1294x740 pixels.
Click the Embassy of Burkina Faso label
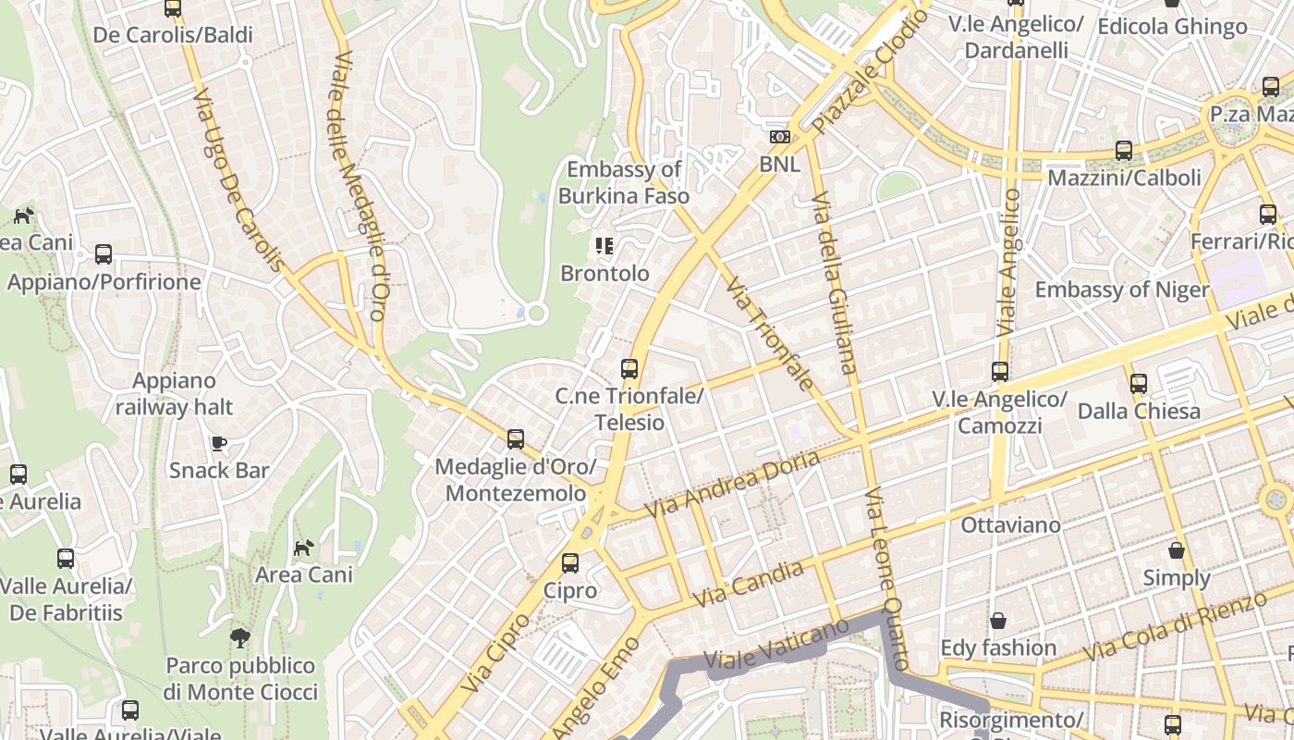click(624, 182)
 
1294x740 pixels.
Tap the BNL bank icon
click(780, 137)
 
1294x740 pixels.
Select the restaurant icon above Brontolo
click(604, 246)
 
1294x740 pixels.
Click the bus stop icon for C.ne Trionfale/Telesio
click(629, 369)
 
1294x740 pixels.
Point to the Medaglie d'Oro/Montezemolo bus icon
click(516, 439)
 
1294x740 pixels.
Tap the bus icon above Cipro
click(570, 563)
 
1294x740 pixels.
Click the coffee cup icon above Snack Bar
click(219, 443)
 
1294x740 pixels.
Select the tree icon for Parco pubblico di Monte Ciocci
click(240, 637)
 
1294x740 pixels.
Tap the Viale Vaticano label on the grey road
click(775, 645)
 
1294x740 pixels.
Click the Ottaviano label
click(1010, 524)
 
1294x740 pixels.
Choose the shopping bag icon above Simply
click(1177, 550)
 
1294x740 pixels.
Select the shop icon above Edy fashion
click(998, 620)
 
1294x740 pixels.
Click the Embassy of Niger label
click(1121, 290)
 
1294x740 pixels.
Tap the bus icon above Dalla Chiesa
click(1139, 383)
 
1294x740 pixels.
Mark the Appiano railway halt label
click(174, 394)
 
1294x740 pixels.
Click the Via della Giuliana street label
click(834, 282)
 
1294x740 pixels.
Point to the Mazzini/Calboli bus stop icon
click(1124, 150)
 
